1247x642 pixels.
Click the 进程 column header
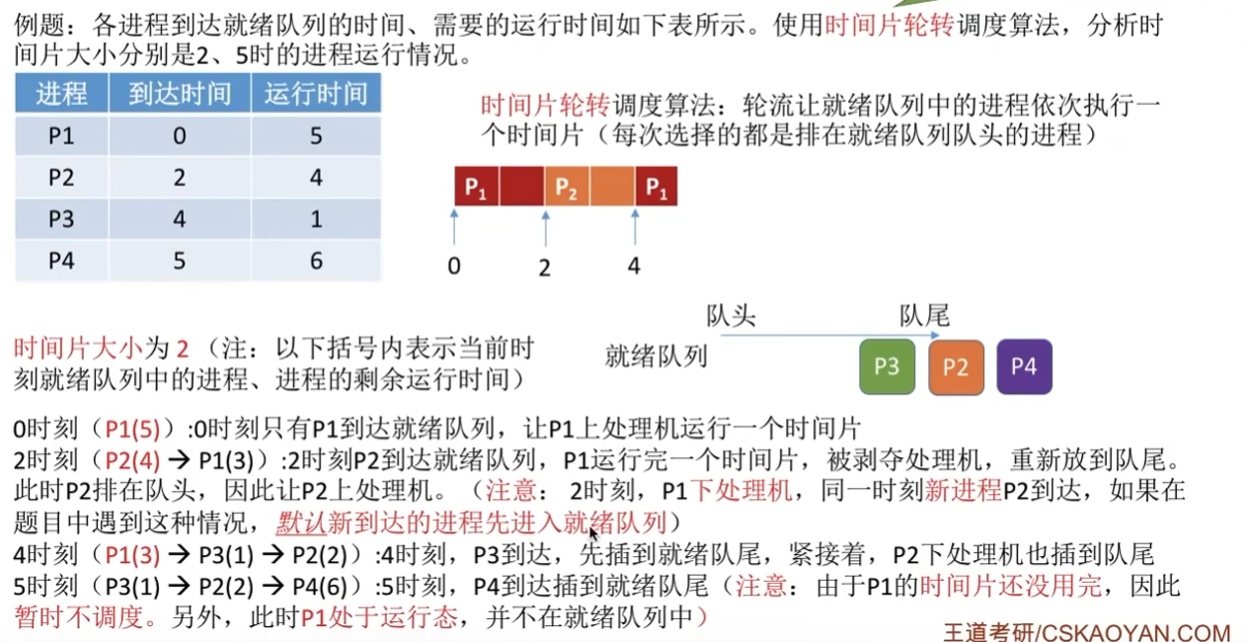tap(61, 94)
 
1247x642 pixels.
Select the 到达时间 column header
tap(180, 94)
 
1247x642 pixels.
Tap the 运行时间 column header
tap(316, 94)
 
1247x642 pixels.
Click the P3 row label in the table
tap(61, 218)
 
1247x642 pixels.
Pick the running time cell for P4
tap(316, 260)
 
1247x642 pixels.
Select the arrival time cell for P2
tap(180, 177)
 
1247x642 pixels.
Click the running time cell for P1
tap(316, 135)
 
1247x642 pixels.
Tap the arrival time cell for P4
tap(180, 260)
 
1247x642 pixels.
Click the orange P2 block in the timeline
tap(566, 186)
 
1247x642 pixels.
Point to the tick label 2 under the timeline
tap(544, 267)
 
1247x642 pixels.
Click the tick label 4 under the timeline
tap(634, 267)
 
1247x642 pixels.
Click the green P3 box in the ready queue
tap(887, 366)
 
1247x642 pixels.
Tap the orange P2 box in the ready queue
tap(956, 366)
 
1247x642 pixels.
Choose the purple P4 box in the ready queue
tap(1024, 366)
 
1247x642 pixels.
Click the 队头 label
tap(731, 316)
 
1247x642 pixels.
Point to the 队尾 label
tap(924, 316)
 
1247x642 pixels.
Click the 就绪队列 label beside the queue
tap(656, 357)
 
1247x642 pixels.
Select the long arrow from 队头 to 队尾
tap(829, 336)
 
